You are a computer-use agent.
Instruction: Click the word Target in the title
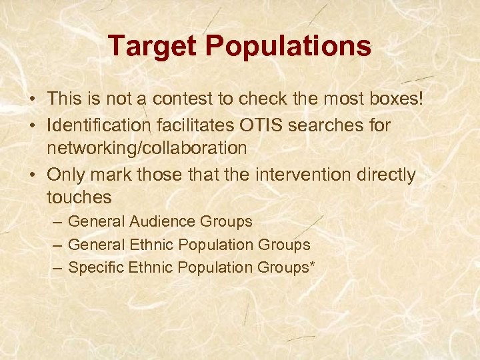pyautogui.click(x=152, y=46)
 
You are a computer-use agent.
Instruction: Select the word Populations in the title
pyautogui.click(x=288, y=46)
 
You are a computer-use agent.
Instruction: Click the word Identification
pyautogui.click(x=97, y=125)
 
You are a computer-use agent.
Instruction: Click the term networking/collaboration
pyautogui.click(x=147, y=148)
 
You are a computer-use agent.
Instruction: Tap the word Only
pyautogui.click(x=65, y=175)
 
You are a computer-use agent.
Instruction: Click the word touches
pyautogui.click(x=79, y=198)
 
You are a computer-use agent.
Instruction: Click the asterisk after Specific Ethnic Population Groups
pyautogui.click(x=312, y=265)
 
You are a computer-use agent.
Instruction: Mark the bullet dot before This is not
pyautogui.click(x=32, y=100)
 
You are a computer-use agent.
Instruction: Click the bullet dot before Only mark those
pyautogui.click(x=32, y=175)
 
